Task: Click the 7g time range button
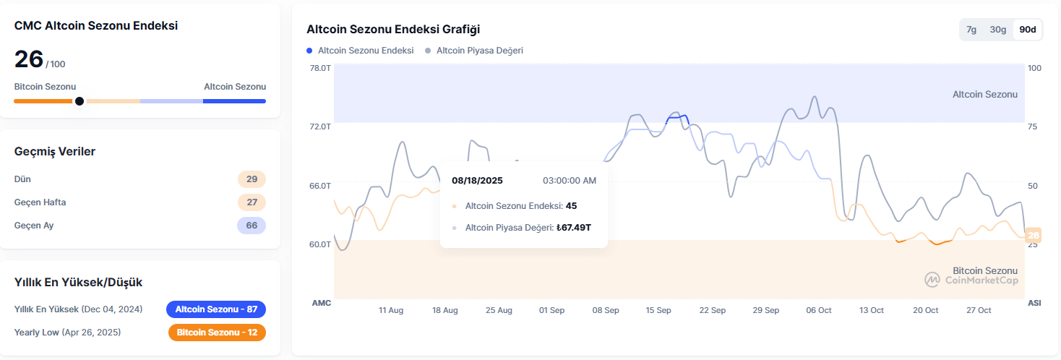click(971, 30)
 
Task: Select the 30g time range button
click(998, 30)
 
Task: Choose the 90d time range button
click(1027, 30)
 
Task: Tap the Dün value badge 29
click(252, 179)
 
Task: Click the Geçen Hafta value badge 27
click(252, 202)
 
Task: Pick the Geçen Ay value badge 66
click(252, 226)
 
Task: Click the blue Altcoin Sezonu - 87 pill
click(216, 309)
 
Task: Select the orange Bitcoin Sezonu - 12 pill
click(216, 333)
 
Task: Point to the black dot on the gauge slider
click(80, 101)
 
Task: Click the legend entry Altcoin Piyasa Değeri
click(479, 51)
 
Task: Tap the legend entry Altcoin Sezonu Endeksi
click(366, 51)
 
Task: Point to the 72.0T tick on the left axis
click(320, 127)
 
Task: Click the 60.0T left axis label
click(320, 244)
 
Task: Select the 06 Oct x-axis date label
click(819, 310)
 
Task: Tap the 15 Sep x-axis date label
click(658, 310)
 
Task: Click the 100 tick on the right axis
click(1034, 68)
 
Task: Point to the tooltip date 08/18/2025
click(477, 180)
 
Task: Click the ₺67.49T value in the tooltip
click(574, 228)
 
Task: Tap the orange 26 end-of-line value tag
click(1033, 235)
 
